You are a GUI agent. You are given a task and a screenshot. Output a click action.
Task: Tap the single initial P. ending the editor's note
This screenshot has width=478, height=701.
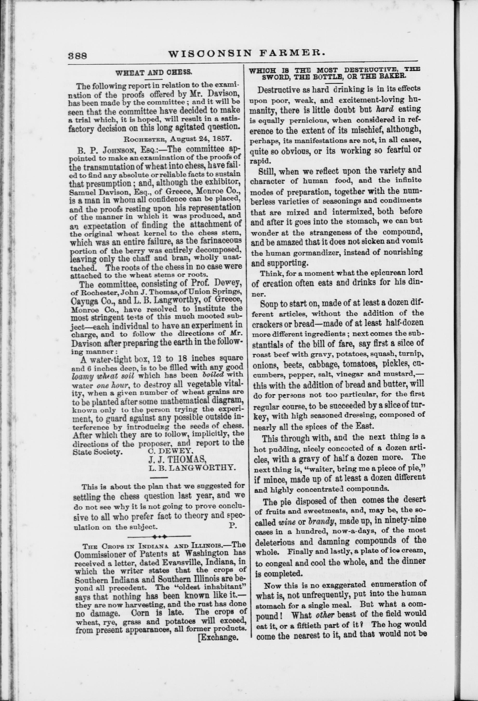232,525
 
